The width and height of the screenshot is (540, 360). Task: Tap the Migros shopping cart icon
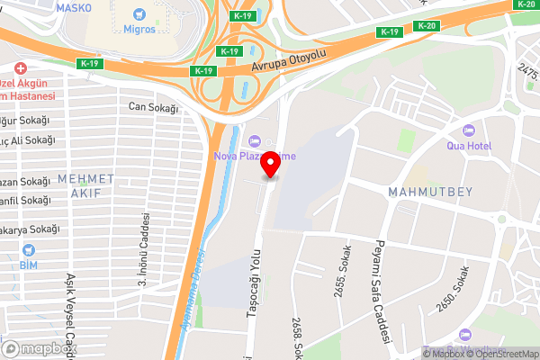click(138, 14)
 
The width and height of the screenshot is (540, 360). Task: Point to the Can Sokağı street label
click(149, 107)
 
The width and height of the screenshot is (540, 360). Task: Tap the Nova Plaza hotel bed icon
click(255, 141)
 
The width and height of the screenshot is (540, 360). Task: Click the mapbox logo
click(40, 348)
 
